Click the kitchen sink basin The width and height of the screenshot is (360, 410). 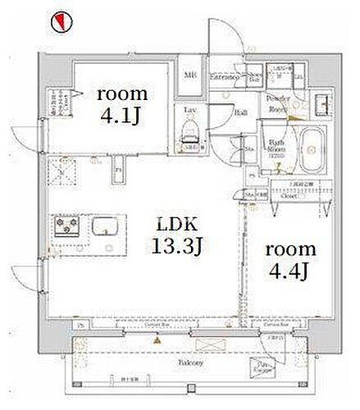tap(106, 225)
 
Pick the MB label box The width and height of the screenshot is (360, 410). tap(191, 78)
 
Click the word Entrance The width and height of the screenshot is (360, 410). tap(223, 78)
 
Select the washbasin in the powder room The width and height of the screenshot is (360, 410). tap(318, 101)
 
